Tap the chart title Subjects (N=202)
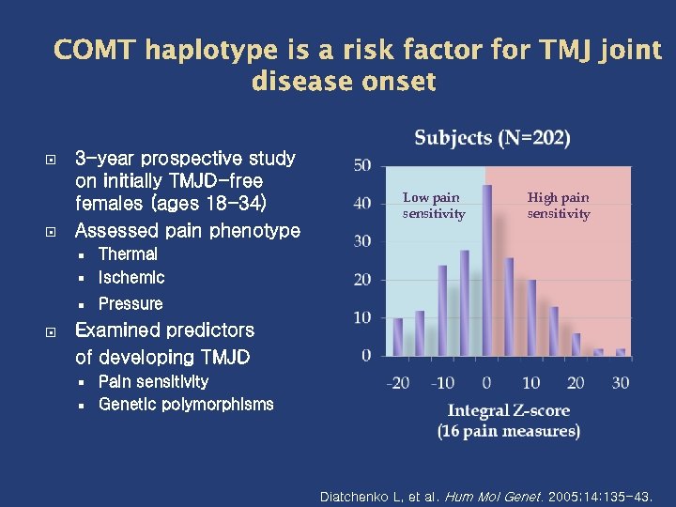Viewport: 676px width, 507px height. pos(492,138)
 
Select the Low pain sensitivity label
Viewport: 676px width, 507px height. pos(433,206)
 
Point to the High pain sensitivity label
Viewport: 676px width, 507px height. pos(559,206)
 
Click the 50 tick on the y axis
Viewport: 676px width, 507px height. pos(361,165)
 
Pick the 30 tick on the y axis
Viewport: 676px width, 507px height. pos(361,241)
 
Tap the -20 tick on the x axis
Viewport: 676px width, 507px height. pos(398,382)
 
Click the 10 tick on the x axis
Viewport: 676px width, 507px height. pos(530,382)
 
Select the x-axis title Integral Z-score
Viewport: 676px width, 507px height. pos(508,410)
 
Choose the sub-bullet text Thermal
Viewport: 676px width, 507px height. pos(128,254)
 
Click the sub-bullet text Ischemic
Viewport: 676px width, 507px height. pos(131,278)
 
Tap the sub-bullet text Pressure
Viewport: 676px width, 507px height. pos(131,303)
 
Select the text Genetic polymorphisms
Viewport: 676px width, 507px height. pos(186,405)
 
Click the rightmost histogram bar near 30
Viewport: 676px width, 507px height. pos(621,352)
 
